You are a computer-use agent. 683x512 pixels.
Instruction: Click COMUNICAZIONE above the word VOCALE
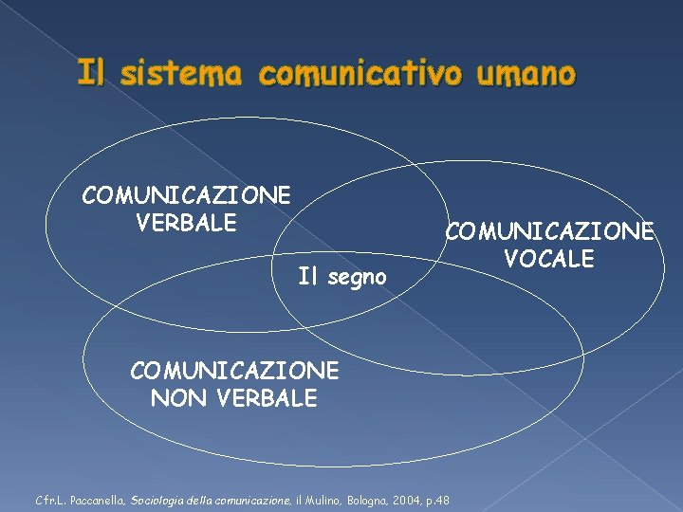550,230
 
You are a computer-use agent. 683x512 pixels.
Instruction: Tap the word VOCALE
549,258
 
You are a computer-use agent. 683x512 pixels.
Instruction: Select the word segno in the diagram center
356,278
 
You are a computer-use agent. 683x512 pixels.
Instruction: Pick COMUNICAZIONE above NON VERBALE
233,370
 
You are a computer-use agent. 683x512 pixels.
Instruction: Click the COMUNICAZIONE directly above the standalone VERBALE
186,195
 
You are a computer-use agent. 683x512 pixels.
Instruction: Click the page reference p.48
437,500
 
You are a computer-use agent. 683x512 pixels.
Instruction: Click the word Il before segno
305,278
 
